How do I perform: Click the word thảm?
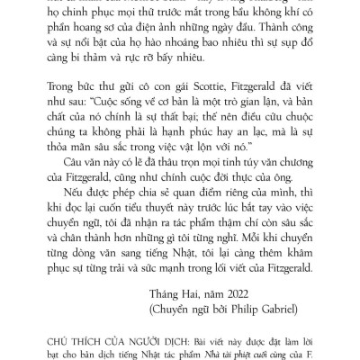101,68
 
